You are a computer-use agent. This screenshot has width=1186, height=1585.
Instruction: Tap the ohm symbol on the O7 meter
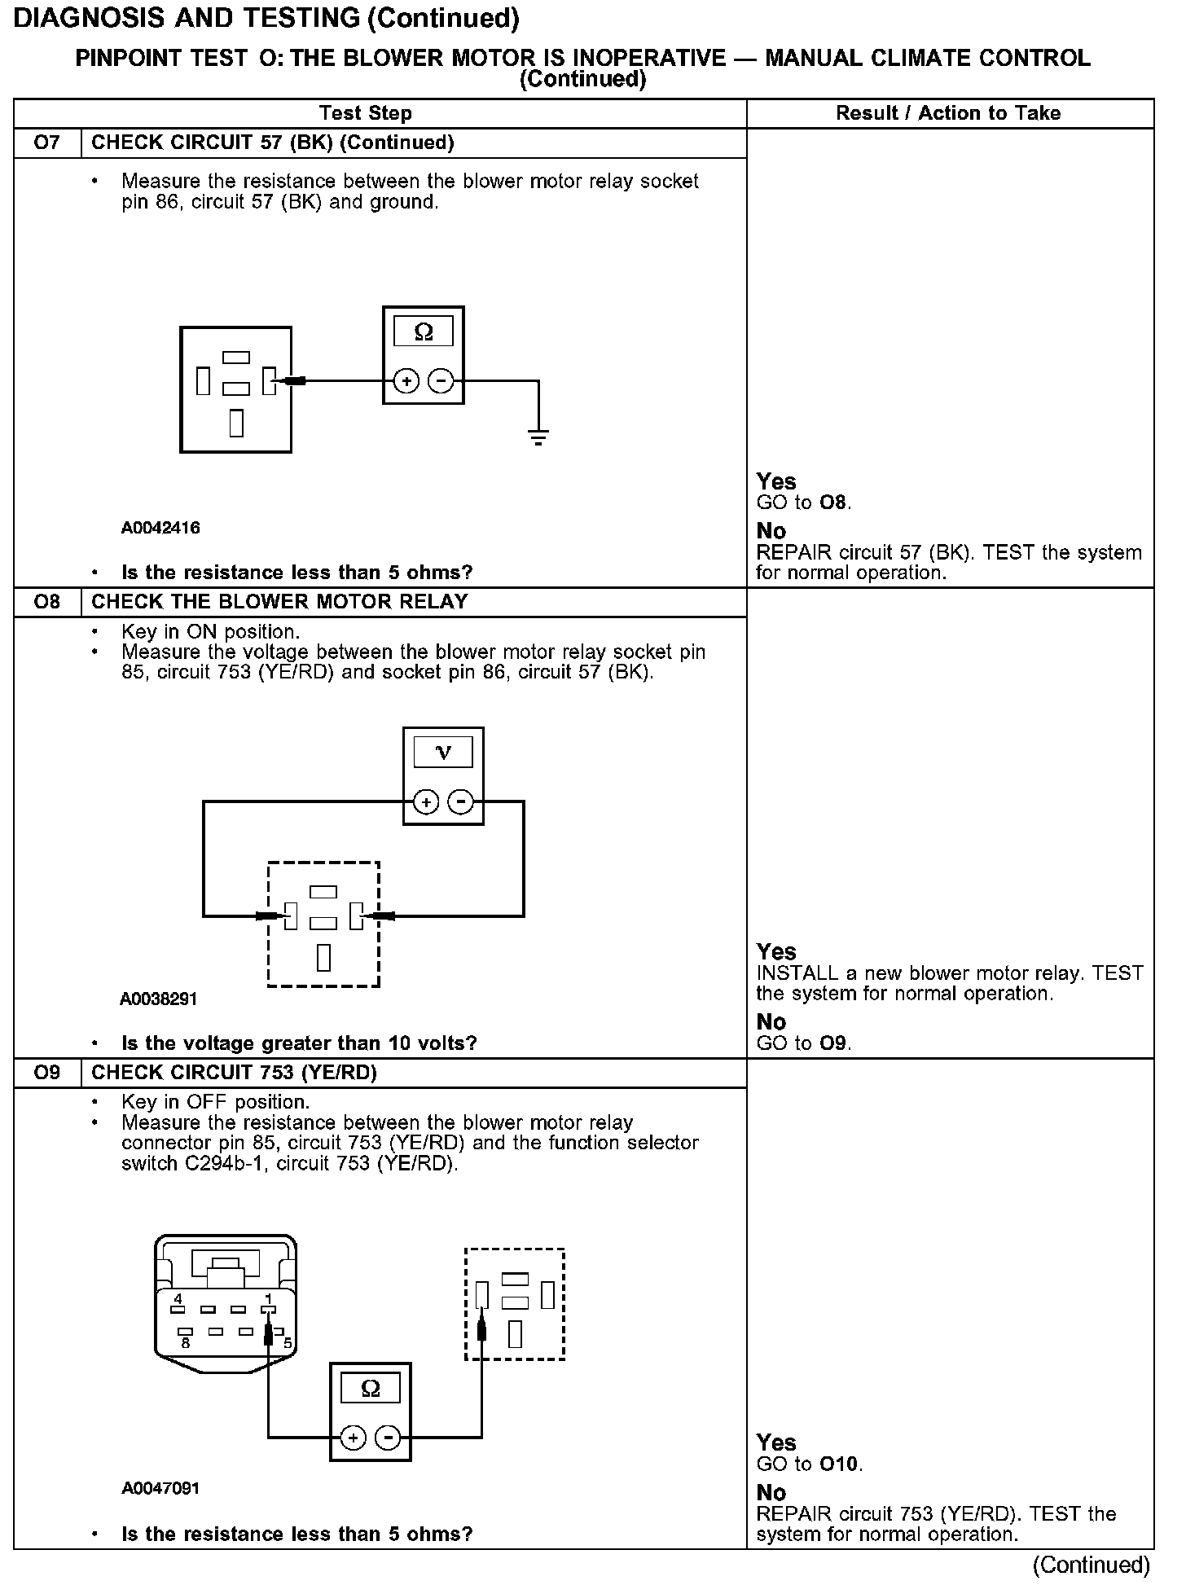point(424,331)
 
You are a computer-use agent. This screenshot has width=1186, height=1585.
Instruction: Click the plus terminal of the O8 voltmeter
point(425,802)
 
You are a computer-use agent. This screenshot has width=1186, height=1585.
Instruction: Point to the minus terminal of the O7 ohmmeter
point(441,380)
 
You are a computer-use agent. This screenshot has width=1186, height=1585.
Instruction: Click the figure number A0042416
point(160,528)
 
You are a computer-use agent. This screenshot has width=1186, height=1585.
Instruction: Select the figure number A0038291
point(159,999)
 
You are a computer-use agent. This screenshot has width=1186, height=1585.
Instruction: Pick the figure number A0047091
point(160,1488)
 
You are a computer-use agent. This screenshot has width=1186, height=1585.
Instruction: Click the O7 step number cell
point(47,143)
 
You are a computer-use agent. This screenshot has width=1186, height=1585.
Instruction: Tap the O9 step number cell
point(47,1073)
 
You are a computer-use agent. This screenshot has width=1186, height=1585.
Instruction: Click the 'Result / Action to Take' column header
point(948,113)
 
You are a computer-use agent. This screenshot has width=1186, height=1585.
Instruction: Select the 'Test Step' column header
point(366,113)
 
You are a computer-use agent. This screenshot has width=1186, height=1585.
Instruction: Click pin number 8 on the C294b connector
point(186,1343)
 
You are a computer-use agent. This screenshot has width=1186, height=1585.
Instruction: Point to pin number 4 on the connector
point(178,1298)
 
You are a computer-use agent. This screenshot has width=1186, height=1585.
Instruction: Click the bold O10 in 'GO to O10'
point(839,1464)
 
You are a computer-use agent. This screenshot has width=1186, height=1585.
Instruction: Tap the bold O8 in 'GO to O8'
point(833,503)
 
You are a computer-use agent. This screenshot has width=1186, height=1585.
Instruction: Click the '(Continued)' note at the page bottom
point(1091,1565)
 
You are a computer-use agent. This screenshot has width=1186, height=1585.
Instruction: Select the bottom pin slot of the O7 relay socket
point(236,423)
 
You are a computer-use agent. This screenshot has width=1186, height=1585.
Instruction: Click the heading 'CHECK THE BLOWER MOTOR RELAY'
point(279,602)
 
